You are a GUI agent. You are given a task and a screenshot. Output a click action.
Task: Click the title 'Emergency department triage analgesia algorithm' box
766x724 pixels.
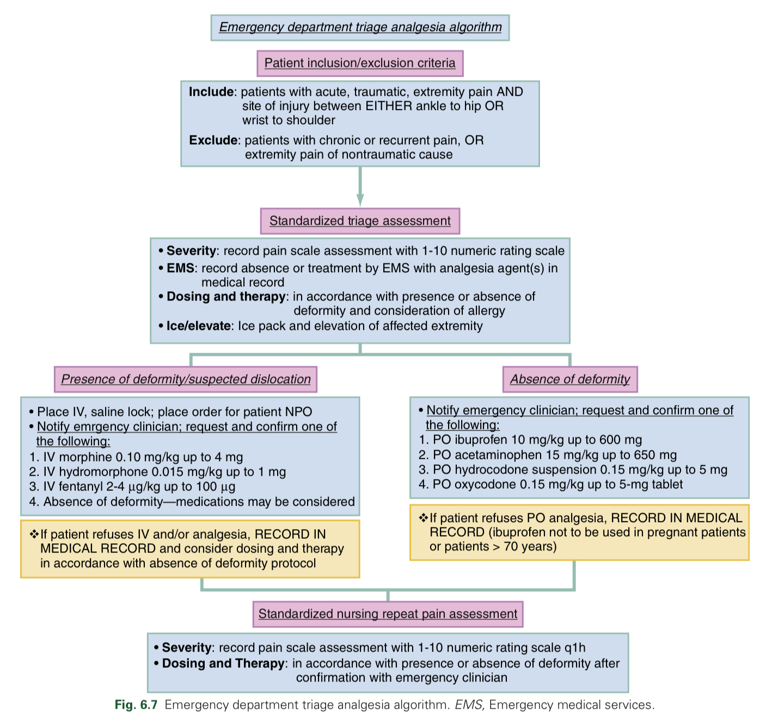pos(360,27)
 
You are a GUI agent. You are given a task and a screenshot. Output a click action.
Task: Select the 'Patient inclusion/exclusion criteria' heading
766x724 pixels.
pos(360,63)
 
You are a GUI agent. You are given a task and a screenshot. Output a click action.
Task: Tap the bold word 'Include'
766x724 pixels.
pos(211,92)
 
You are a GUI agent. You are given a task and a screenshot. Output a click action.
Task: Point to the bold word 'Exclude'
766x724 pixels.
pos(213,140)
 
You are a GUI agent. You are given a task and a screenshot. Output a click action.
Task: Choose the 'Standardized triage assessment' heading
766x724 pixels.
pos(360,221)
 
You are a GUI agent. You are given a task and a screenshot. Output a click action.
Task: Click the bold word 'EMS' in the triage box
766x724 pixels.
pos(181,268)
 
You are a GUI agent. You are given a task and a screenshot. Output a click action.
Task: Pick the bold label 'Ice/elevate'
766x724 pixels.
pos(198,326)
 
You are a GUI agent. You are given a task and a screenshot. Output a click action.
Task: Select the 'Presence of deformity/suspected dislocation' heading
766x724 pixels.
pos(186,379)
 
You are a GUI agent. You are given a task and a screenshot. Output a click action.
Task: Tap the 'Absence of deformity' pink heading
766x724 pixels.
pos(569,379)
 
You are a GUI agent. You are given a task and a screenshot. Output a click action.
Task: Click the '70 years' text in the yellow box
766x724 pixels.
pos(530,547)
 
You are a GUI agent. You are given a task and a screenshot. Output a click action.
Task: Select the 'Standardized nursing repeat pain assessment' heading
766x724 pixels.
pos(388,614)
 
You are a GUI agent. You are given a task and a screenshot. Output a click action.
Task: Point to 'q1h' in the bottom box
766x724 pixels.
pos(575,648)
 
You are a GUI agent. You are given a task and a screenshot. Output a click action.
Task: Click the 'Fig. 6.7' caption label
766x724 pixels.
pos(136,705)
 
